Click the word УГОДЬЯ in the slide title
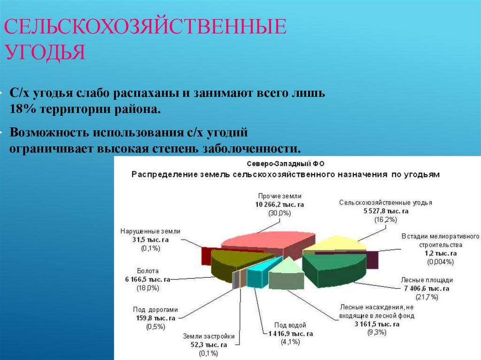(45, 53)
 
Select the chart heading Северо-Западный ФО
(286, 164)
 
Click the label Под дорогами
(155, 310)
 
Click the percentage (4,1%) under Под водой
(287, 341)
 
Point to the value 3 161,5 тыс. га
(376, 324)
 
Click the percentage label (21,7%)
(427, 297)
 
